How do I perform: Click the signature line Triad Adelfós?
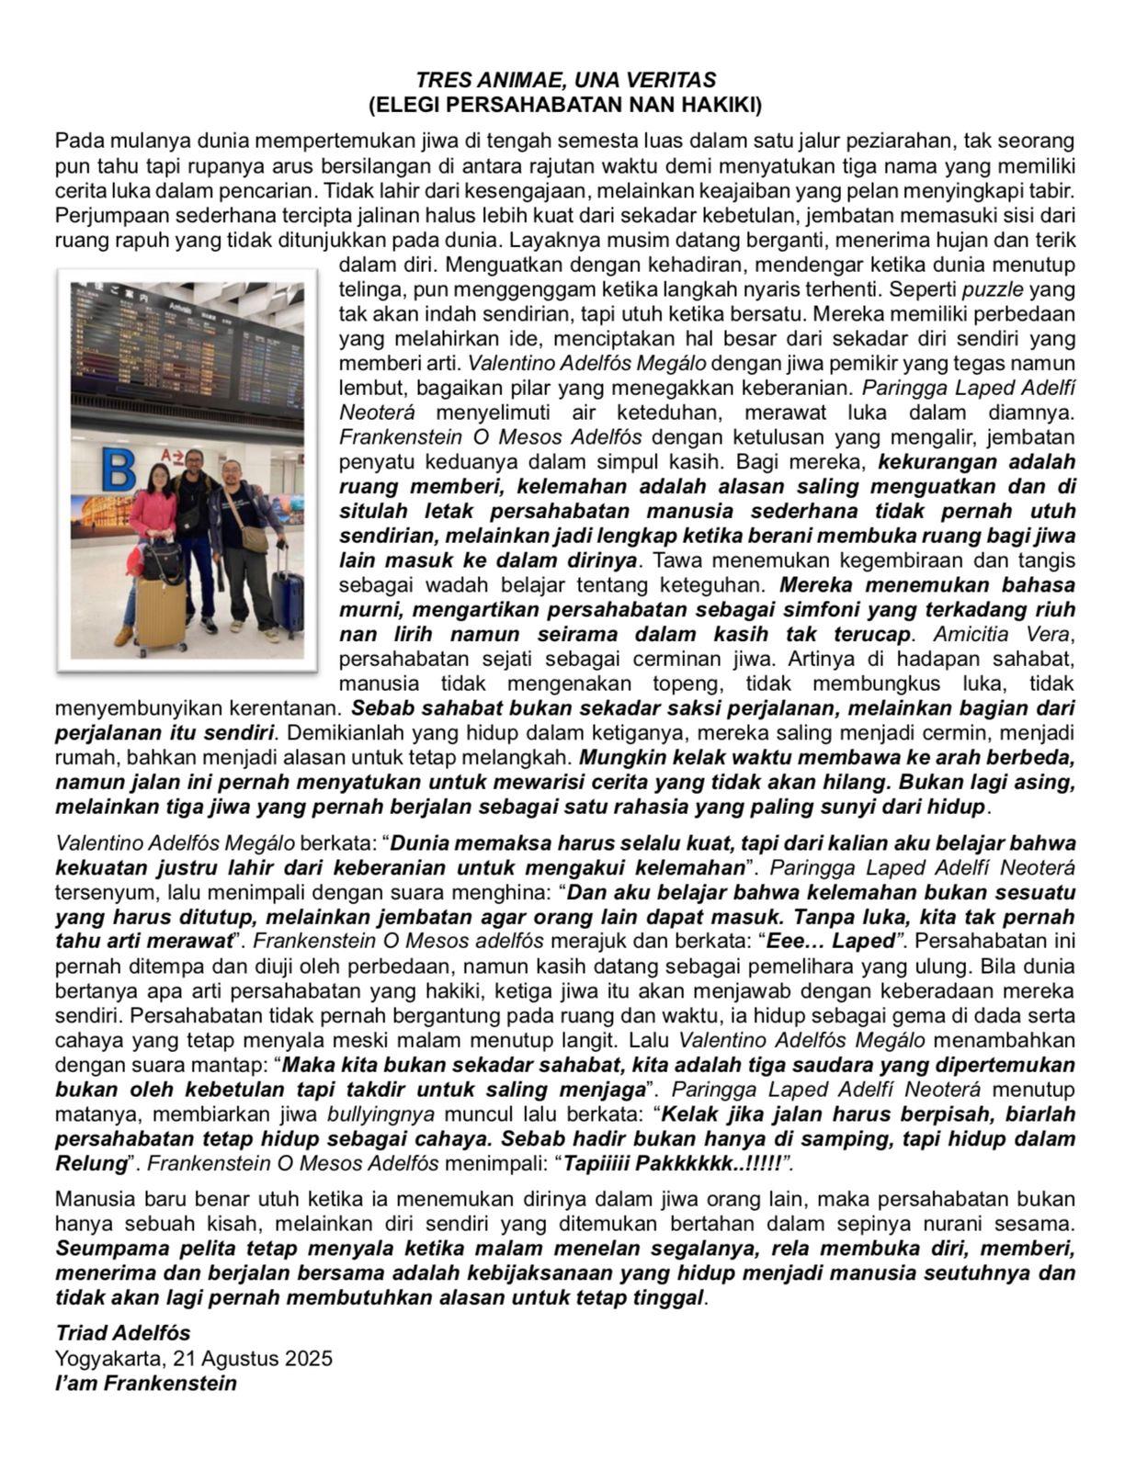coord(123,1333)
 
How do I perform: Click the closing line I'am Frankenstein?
coord(146,1383)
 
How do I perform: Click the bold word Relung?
coord(89,1164)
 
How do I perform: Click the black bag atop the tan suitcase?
coord(161,559)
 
